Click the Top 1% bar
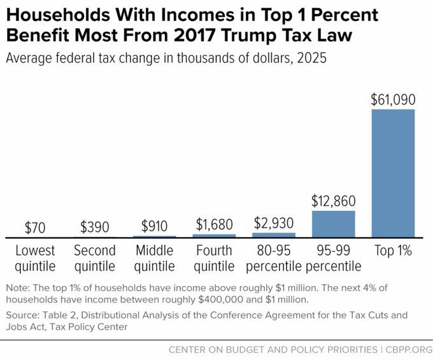[392, 173]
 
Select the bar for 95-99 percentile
[333, 224]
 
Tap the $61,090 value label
[393, 99]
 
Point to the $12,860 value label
[333, 201]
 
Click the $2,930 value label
[274, 223]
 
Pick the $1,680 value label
[214, 224]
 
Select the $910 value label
[155, 226]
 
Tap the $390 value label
[95, 227]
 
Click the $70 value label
[35, 227]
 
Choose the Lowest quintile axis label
[35, 257]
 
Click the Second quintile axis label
[95, 257]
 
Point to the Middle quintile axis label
[155, 257]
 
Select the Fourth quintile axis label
[214, 257]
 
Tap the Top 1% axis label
[393, 250]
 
